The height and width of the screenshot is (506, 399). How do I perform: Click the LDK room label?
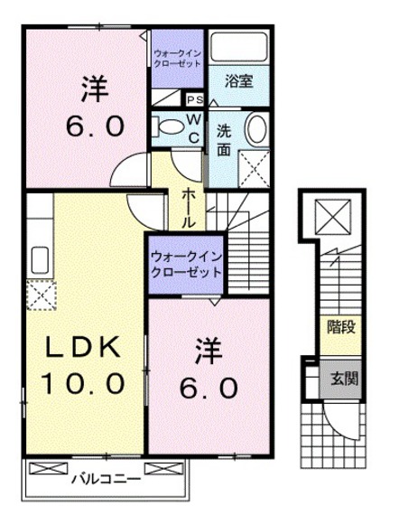(x=83, y=347)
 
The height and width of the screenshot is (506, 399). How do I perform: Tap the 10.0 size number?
(x=83, y=383)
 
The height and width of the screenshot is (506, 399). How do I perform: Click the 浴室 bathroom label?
(x=239, y=81)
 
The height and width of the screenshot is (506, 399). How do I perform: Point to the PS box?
(x=195, y=99)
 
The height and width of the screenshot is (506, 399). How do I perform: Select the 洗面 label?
(x=224, y=140)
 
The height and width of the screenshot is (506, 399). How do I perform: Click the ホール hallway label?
(x=189, y=209)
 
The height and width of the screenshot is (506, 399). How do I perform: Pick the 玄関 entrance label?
(x=344, y=379)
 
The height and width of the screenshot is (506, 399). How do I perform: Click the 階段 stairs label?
(x=341, y=327)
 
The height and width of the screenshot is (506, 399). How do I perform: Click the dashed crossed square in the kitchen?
(x=42, y=295)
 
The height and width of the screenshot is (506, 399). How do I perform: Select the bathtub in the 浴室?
(x=239, y=47)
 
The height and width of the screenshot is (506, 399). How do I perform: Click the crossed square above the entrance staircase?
(x=332, y=217)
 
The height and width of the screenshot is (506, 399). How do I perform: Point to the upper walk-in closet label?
(x=177, y=59)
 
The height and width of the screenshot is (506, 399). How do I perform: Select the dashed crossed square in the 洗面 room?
(x=254, y=169)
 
